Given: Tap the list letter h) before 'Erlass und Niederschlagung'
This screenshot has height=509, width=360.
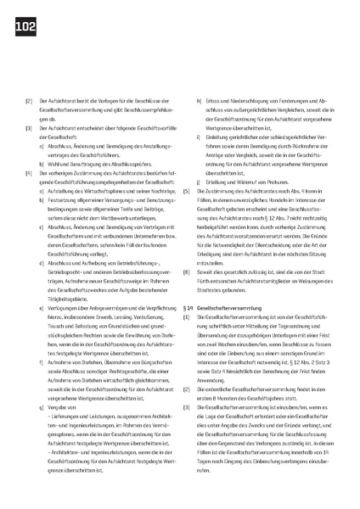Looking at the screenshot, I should [198, 101].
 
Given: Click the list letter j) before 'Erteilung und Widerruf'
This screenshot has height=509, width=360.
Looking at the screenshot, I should [198, 182].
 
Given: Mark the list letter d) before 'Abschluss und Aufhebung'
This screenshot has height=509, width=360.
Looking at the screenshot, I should [42, 264].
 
